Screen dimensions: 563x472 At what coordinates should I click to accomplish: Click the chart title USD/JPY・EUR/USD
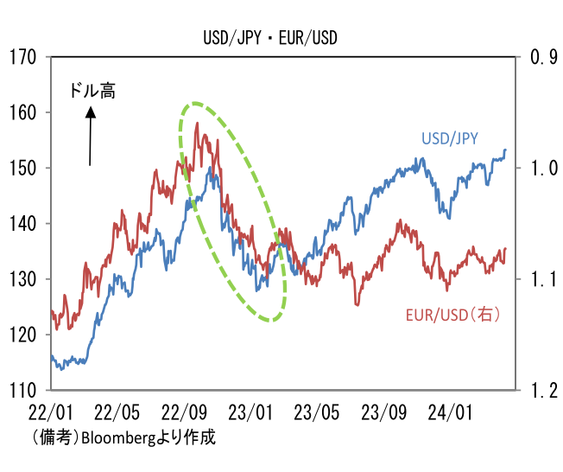270,38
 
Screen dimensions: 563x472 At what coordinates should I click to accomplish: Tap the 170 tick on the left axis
22,57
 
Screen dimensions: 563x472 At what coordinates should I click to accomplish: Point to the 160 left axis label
22,112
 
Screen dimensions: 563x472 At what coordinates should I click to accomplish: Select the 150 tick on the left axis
22,169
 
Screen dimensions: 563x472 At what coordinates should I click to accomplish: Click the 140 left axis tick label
22,224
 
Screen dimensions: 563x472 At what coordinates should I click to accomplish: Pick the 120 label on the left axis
22,335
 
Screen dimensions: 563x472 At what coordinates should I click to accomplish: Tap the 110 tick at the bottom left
22,391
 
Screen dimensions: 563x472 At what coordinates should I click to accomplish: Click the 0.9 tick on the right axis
544,57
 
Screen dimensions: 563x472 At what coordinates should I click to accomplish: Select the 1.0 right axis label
544,169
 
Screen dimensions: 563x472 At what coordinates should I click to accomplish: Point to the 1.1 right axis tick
544,279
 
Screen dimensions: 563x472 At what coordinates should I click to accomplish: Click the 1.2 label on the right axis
544,391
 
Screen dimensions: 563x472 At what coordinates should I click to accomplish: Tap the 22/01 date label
50,412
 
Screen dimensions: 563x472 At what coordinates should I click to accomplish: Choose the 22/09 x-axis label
184,412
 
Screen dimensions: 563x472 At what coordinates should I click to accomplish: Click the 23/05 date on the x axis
316,412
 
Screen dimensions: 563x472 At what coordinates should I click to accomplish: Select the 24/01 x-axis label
450,412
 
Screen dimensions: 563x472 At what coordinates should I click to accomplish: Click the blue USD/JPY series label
450,138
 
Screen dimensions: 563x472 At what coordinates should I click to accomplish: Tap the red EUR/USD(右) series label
452,315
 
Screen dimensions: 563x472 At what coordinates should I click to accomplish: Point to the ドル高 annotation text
92,91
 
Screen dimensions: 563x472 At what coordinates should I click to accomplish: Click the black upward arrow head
91,112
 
